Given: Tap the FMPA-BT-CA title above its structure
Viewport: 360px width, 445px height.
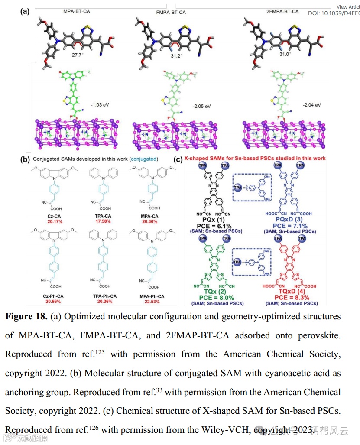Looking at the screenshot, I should point(171,12).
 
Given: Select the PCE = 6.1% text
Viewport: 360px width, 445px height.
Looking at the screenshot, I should point(215,226).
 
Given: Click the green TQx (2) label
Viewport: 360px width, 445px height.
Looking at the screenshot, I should point(215,292).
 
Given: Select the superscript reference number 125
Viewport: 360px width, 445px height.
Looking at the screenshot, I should point(101,351).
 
